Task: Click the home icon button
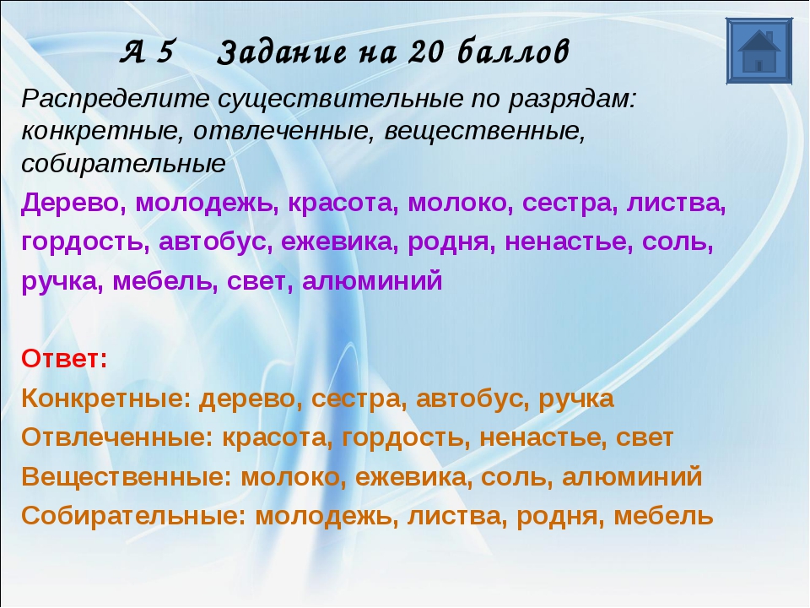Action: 759,51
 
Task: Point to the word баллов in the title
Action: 514,52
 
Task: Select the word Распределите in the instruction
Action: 116,100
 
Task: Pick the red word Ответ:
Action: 65,358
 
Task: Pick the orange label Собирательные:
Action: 134,515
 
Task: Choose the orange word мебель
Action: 664,515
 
